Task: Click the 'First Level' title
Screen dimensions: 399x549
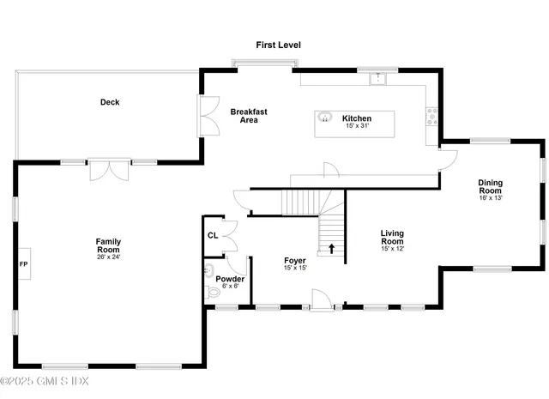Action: pos(279,45)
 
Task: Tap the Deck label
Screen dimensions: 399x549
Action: pos(109,102)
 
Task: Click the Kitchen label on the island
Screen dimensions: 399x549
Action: pos(356,118)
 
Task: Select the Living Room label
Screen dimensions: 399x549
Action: pos(392,237)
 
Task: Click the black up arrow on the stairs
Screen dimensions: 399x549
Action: pos(331,249)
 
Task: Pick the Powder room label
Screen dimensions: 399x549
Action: pos(230,279)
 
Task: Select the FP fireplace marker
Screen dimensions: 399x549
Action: pos(24,263)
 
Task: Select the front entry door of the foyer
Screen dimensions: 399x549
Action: pos(321,301)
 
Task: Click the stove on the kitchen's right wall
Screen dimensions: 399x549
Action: pos(431,118)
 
